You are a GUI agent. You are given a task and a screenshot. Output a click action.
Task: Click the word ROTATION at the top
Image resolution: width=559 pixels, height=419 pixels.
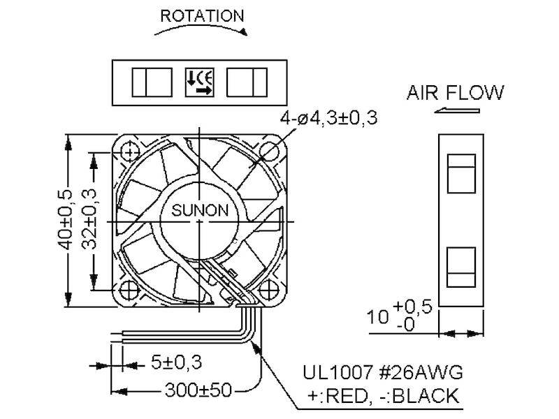(x=202, y=16)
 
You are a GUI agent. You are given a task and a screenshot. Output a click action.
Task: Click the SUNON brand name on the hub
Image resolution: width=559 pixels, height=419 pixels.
(x=200, y=210)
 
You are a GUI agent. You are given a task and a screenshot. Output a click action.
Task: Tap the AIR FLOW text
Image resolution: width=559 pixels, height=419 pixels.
(x=456, y=93)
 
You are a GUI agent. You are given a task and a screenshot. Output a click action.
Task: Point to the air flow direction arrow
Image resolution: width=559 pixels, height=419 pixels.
(x=457, y=110)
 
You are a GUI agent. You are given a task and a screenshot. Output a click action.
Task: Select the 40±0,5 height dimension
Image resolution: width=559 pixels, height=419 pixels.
(x=65, y=219)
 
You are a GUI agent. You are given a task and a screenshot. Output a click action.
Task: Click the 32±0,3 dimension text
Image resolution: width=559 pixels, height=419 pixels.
(x=89, y=219)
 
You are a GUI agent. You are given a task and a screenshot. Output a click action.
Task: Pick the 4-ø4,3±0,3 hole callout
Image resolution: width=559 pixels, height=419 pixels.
(x=328, y=118)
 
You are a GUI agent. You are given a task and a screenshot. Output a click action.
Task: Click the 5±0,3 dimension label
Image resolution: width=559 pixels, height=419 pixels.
(x=177, y=362)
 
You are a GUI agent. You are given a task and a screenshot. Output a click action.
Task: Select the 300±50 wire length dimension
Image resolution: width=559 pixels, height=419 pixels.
(x=198, y=390)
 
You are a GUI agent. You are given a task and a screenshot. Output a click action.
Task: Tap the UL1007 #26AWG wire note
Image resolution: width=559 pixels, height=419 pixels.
(x=383, y=372)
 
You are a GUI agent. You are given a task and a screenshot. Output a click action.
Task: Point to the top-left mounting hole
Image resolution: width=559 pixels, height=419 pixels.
(x=130, y=152)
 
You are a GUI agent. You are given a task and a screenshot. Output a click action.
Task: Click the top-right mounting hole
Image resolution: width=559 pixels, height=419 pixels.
(x=269, y=152)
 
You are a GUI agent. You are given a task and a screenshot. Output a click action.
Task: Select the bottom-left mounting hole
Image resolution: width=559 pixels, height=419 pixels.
(x=129, y=291)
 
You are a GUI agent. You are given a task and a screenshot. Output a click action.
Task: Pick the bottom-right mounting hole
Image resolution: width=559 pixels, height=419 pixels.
(x=269, y=290)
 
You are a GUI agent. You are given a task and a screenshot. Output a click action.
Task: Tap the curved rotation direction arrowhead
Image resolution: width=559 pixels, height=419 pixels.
(x=243, y=32)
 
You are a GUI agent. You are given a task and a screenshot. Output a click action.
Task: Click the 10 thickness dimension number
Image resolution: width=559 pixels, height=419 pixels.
(x=377, y=317)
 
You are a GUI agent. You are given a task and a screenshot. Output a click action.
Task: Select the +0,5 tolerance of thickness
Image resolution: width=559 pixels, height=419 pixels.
(x=412, y=307)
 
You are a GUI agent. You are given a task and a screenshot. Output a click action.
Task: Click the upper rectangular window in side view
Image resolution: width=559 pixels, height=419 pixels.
(x=461, y=173)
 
